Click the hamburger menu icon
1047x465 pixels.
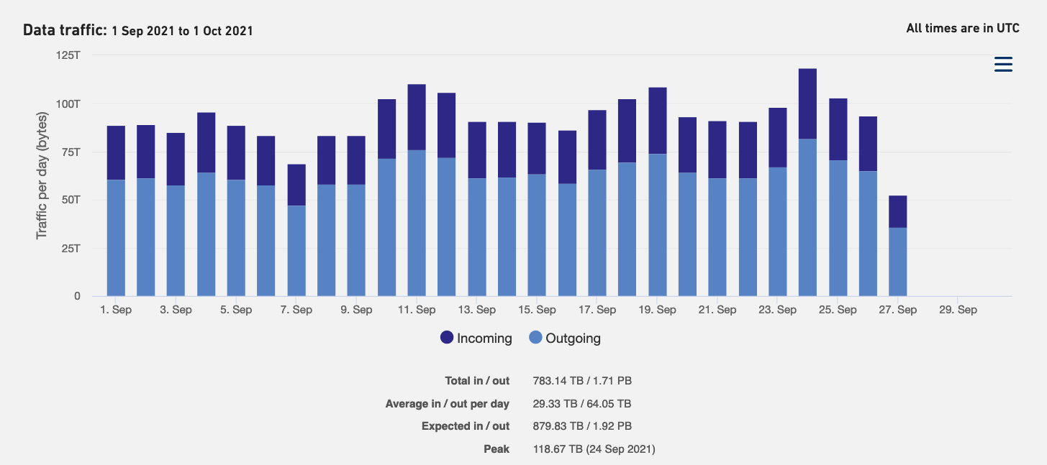1003,65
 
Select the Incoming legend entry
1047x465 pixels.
476,338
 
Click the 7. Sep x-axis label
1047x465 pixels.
296,310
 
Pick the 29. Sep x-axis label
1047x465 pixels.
958,310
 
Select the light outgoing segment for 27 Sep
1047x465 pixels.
897,262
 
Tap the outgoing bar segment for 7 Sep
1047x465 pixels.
296,251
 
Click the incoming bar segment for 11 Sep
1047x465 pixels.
417,117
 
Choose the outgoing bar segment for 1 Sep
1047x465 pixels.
116,238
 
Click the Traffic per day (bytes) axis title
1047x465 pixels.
42,175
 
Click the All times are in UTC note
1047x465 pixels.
963,29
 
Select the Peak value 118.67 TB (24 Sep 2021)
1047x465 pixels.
594,449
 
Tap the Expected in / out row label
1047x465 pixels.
465,426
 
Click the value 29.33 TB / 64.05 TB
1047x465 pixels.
582,404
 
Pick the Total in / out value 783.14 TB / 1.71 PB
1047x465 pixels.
582,381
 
